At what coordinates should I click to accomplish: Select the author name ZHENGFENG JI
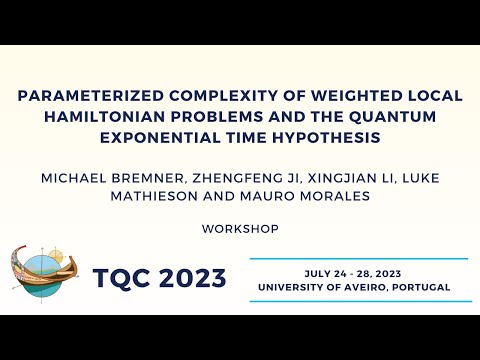tap(213, 176)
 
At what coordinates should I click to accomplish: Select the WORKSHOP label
tap(240, 228)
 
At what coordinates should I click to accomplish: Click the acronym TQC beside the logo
tap(127, 277)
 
